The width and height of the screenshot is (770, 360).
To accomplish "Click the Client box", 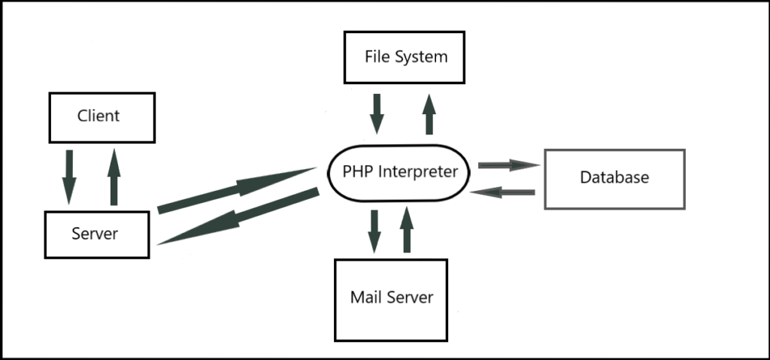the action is (x=102, y=117).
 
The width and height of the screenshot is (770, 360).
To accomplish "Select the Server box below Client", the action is (x=97, y=234).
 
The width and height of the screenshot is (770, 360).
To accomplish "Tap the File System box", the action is (x=404, y=57).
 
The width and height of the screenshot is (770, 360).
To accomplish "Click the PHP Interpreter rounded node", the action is (x=399, y=172).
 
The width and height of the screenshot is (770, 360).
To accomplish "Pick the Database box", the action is (x=614, y=179).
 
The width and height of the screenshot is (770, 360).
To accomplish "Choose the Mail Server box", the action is (x=391, y=300).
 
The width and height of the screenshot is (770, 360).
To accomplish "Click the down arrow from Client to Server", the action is (x=69, y=177).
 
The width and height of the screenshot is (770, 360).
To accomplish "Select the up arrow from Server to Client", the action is (x=114, y=177).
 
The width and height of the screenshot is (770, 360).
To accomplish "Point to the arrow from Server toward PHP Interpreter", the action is (x=237, y=190).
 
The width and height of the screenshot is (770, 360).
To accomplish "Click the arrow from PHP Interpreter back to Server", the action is (x=238, y=216).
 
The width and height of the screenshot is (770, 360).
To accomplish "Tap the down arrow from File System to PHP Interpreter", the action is (x=377, y=114).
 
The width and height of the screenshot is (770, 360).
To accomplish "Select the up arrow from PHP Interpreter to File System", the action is (x=429, y=114).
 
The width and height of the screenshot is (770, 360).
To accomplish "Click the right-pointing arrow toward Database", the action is (x=509, y=165).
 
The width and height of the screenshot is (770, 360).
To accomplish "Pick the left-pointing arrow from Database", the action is (x=502, y=192).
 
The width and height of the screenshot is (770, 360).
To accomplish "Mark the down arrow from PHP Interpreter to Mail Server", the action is (x=374, y=231).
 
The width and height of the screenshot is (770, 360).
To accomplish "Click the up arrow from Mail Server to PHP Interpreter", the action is (x=407, y=230).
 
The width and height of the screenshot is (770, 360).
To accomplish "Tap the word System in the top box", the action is (x=422, y=57).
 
